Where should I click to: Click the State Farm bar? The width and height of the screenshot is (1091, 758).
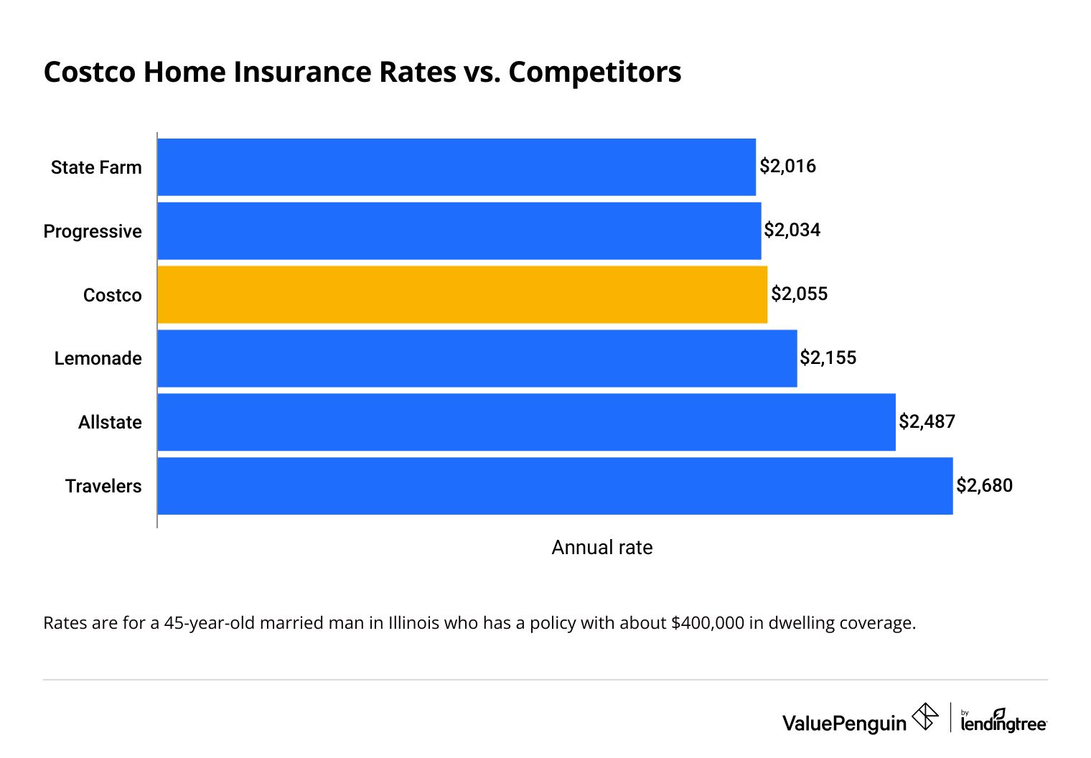pyautogui.click(x=456, y=167)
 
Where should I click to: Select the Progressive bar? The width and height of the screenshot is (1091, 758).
pyautogui.click(x=459, y=231)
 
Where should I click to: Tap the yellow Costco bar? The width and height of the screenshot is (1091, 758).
pyautogui.click(x=462, y=294)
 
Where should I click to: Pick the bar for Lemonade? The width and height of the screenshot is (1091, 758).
pyautogui.click(x=477, y=358)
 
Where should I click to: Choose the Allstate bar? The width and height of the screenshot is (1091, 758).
pyautogui.click(x=526, y=422)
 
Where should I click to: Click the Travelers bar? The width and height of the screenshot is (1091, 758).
pyautogui.click(x=555, y=486)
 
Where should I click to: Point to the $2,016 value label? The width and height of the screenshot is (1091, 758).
pyautogui.click(x=787, y=167)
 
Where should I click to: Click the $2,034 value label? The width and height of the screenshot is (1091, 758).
pyautogui.click(x=792, y=230)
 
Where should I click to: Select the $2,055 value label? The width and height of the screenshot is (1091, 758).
pyautogui.click(x=799, y=294)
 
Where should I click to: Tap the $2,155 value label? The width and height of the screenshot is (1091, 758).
pyautogui.click(x=828, y=358)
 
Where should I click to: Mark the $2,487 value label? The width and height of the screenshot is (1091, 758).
pyautogui.click(x=927, y=422)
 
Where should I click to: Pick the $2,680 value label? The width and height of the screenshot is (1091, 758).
pyautogui.click(x=984, y=486)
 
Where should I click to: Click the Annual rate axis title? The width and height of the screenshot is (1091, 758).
pyautogui.click(x=601, y=548)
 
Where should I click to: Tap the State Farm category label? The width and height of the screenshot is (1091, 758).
pyautogui.click(x=96, y=168)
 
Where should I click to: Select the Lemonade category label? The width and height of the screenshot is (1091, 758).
pyautogui.click(x=98, y=359)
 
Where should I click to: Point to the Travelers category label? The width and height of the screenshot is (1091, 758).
pyautogui.click(x=103, y=487)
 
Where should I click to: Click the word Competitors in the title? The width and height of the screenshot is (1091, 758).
pyautogui.click(x=594, y=72)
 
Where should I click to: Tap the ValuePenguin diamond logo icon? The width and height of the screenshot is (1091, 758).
pyautogui.click(x=924, y=717)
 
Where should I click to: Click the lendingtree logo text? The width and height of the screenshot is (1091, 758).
pyautogui.click(x=1003, y=723)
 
